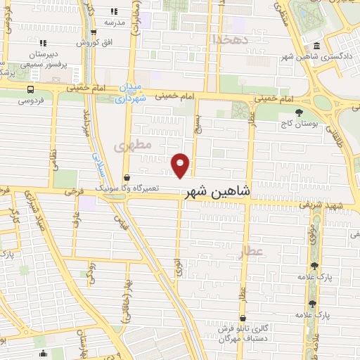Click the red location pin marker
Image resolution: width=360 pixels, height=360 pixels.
(x=181, y=165)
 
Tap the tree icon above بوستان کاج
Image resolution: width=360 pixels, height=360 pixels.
(x=300, y=112)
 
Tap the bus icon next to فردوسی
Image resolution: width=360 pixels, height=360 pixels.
(x=30, y=89)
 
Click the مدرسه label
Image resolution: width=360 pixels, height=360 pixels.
(x=115, y=22)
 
